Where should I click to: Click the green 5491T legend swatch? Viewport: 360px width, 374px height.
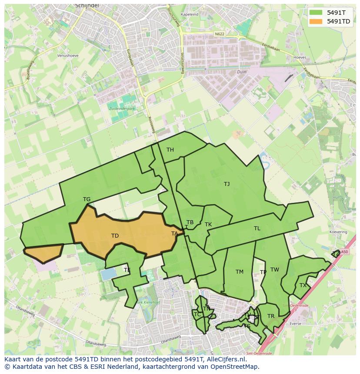(x=316, y=13)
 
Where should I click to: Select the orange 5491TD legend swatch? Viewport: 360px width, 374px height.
(x=316, y=21)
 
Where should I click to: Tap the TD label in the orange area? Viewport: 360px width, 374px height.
(x=115, y=236)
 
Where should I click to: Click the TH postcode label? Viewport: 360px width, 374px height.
(x=170, y=150)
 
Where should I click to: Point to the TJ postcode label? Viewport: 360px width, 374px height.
(x=227, y=184)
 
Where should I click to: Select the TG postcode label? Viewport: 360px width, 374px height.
(x=87, y=199)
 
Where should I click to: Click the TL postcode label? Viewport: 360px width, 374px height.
(x=257, y=228)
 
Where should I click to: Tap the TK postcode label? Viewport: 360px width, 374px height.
(x=208, y=225)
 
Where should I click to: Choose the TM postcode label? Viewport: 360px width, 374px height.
(x=240, y=272)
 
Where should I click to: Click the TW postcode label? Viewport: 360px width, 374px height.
(x=275, y=270)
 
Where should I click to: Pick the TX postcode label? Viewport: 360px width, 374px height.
(x=303, y=285)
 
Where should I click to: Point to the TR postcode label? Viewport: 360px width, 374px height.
(x=271, y=316)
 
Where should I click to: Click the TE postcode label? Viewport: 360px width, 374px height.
(x=127, y=270)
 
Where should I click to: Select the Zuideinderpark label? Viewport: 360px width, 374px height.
(x=120, y=109)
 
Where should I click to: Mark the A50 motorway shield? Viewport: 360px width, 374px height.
(x=344, y=252)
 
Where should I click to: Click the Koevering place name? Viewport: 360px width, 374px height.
(x=338, y=232)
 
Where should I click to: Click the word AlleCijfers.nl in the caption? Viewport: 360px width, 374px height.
(x=226, y=359)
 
